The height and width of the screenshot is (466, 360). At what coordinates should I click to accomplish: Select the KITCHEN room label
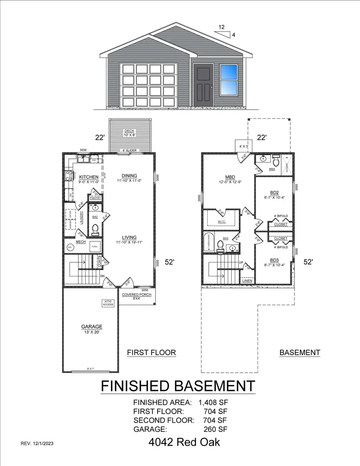88,177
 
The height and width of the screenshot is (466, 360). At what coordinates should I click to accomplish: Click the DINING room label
129,176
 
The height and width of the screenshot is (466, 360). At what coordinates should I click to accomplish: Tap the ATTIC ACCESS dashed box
108,303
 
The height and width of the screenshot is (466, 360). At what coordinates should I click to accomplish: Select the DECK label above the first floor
129,130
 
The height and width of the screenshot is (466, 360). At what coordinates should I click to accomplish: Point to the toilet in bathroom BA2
95,229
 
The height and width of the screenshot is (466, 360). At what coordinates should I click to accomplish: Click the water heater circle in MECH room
70,247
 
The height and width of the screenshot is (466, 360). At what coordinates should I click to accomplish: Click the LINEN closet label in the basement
247,281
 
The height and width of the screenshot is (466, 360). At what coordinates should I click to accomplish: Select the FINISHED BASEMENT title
178,386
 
